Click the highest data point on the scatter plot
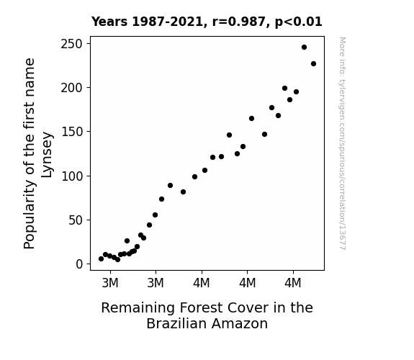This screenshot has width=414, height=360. (x=304, y=48)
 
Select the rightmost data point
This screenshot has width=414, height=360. (x=313, y=63)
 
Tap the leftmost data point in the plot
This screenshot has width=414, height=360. (x=101, y=259)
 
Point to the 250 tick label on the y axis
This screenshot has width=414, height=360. (x=71, y=44)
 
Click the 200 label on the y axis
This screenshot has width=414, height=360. (x=71, y=88)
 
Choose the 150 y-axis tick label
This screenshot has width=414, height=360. (x=72, y=132)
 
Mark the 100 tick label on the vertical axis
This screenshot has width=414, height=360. (x=72, y=176)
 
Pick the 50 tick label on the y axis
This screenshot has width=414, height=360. (x=76, y=220)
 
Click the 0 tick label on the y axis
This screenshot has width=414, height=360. (x=79, y=264)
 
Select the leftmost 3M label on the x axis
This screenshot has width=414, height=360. (x=110, y=283)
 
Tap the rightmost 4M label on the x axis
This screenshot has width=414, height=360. (x=293, y=283)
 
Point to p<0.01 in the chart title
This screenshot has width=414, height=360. (x=298, y=22)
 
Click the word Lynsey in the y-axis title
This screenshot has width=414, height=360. (x=48, y=155)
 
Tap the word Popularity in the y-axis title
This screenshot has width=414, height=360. (x=29, y=214)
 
